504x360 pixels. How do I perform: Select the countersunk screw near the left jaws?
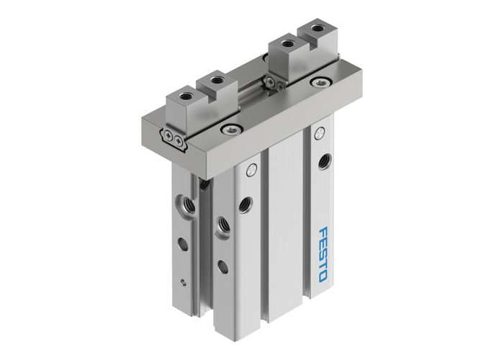pyautogui.click(x=230, y=130)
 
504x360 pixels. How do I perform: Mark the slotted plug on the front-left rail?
pyautogui.click(x=251, y=171)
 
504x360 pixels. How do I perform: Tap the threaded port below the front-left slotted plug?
pyautogui.click(x=246, y=204)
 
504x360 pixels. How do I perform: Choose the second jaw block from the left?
pyautogui.click(x=214, y=89)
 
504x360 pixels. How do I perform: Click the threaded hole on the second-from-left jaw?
pyautogui.click(x=213, y=78)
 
